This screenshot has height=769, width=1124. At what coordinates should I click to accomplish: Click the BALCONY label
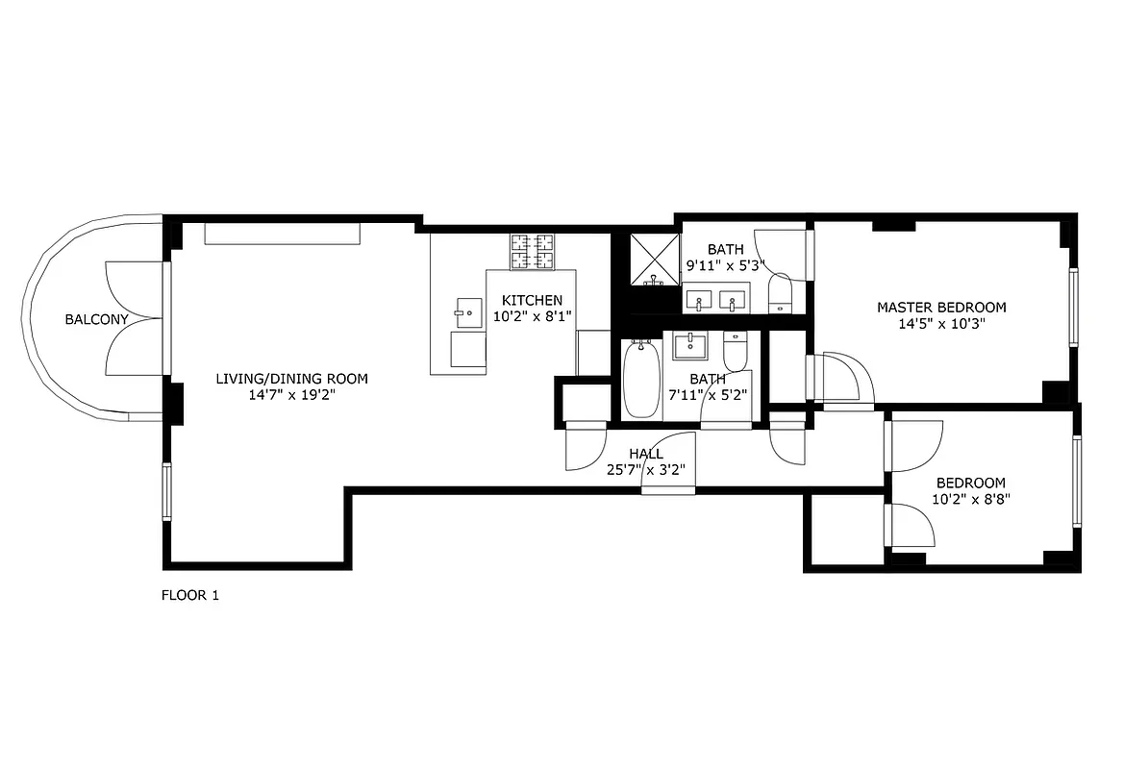point(96,319)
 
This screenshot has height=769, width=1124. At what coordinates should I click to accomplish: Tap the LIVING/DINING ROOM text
point(291,379)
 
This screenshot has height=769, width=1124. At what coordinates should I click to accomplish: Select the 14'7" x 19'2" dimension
point(291,394)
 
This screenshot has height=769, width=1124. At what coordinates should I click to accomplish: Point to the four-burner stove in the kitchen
point(533,252)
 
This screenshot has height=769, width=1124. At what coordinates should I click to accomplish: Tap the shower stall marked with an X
point(654,259)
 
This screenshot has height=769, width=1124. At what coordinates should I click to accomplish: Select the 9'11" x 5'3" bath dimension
point(724,265)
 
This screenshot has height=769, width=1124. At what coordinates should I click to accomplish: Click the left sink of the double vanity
point(699,301)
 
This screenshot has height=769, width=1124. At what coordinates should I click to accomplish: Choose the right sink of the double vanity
point(734,301)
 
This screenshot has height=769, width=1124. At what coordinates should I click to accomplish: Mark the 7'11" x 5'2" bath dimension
point(709,394)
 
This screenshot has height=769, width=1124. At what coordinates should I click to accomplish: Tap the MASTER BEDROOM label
point(941,308)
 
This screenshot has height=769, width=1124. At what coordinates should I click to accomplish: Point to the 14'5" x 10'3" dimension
point(941,324)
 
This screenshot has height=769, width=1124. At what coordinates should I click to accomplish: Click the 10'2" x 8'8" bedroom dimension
point(971,499)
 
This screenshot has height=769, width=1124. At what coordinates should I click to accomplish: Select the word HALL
point(645,454)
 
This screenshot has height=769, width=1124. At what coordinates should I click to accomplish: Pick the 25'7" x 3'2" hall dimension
point(645,470)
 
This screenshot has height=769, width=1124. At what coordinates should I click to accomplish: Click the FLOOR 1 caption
point(189,595)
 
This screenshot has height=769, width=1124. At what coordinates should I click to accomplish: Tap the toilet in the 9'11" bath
point(780,292)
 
